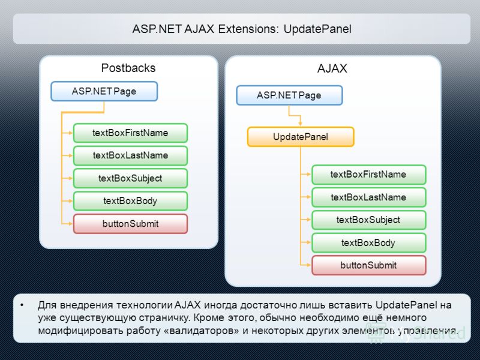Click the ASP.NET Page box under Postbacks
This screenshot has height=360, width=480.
(x=104, y=91)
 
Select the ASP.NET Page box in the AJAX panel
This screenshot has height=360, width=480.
(x=289, y=95)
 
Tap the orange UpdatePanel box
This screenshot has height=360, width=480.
(x=301, y=137)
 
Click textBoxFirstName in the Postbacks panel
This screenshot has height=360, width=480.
(x=130, y=133)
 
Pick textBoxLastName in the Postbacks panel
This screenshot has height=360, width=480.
(x=130, y=155)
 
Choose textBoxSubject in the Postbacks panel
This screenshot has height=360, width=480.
(x=130, y=178)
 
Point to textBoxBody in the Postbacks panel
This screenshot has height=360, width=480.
(x=130, y=201)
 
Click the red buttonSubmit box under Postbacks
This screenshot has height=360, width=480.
(x=130, y=224)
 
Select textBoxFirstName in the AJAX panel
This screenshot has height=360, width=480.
(x=368, y=175)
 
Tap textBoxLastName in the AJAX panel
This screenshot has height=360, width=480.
(x=368, y=197)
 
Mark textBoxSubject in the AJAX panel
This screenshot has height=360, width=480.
(x=368, y=220)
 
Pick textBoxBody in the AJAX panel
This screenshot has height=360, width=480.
(x=368, y=243)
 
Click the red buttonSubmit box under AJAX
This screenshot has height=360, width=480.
(x=368, y=265)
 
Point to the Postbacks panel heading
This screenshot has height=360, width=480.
(x=128, y=68)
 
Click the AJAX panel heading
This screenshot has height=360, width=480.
(x=332, y=68)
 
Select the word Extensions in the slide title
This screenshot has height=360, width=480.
(x=248, y=29)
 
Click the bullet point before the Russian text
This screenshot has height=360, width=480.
(x=22, y=305)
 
